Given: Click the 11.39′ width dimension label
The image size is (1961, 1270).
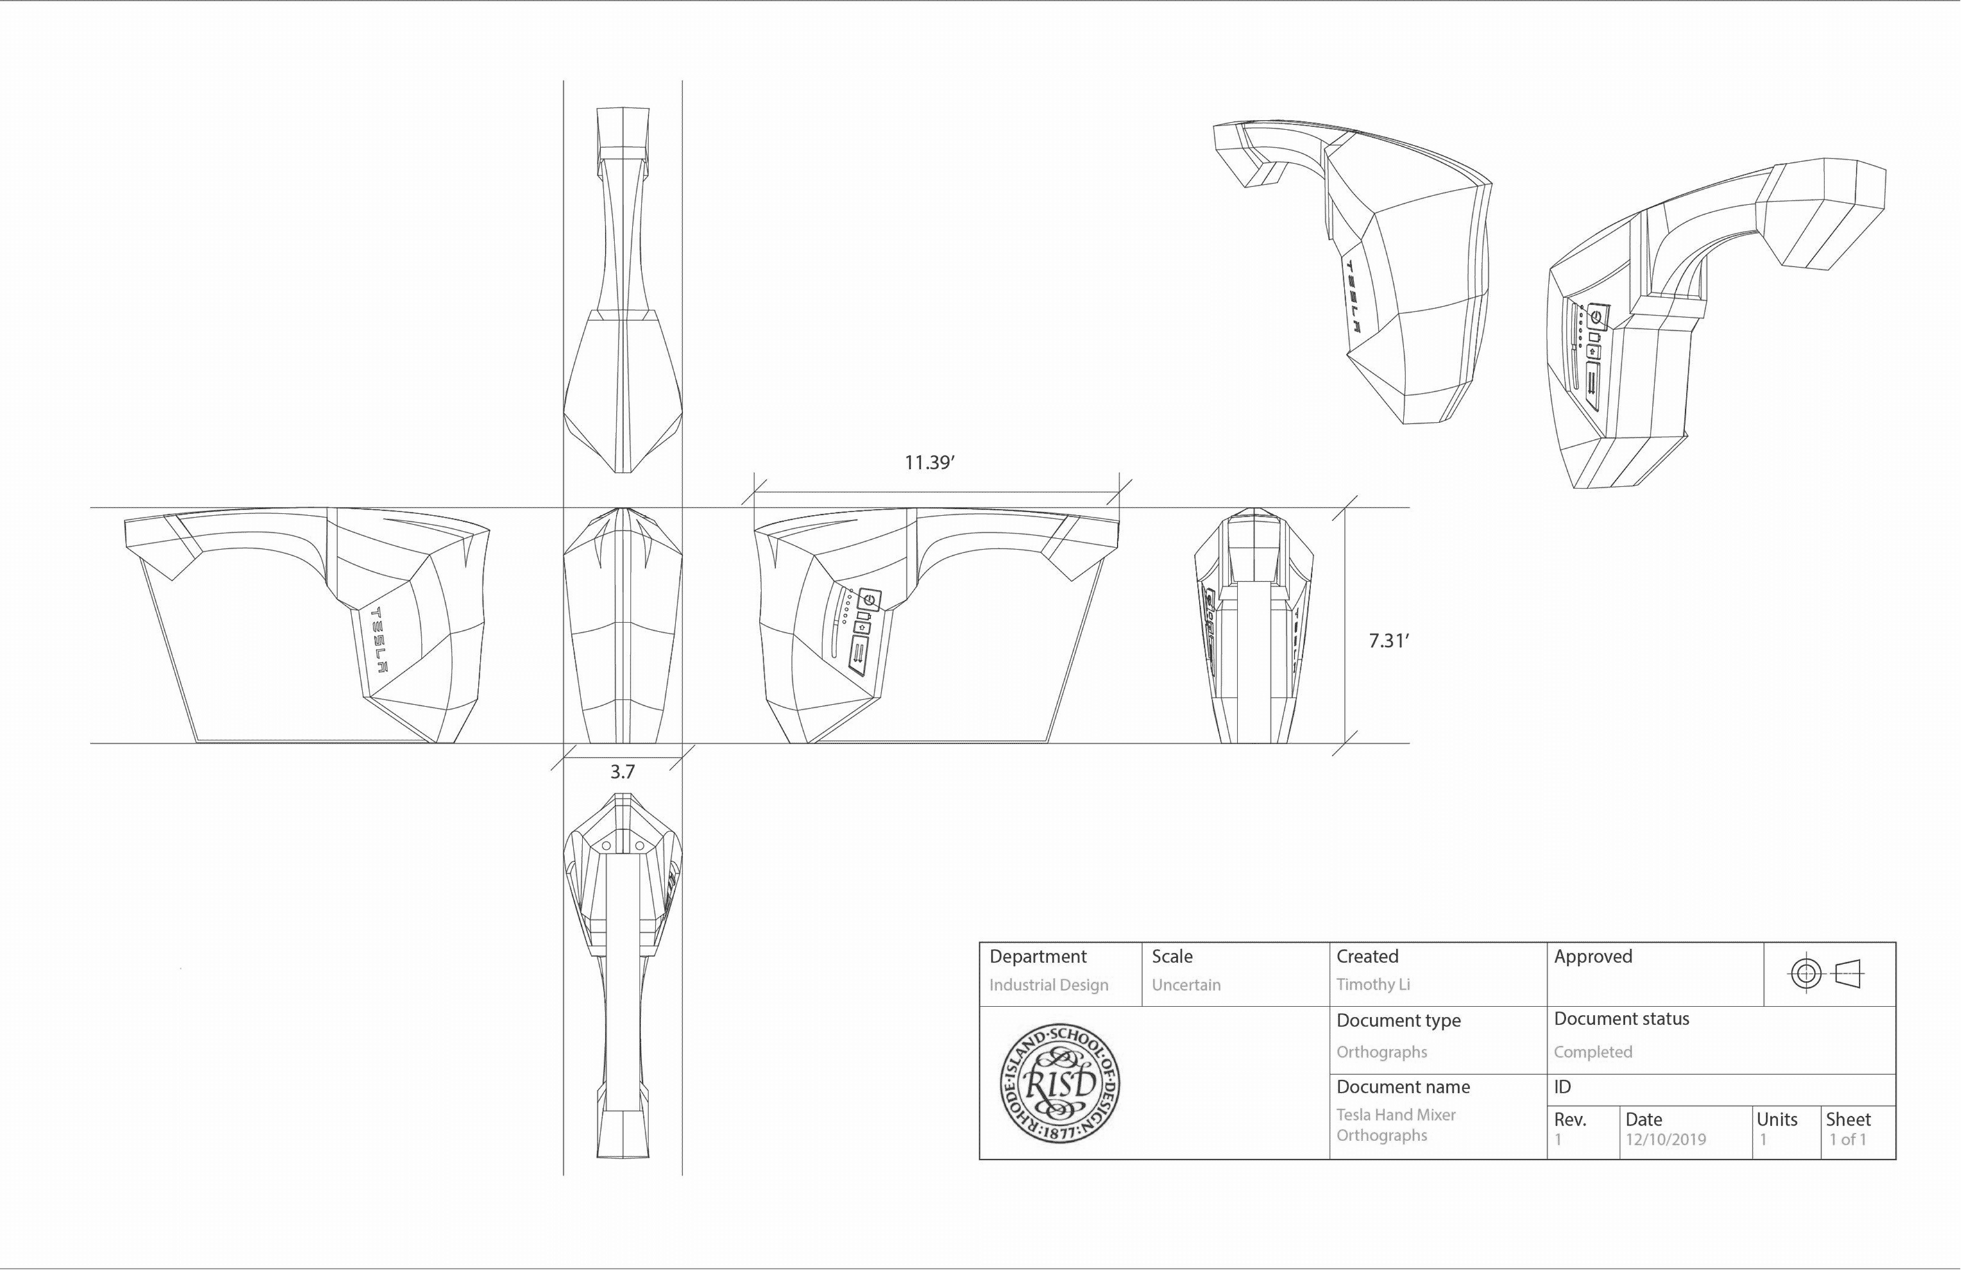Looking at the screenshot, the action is [929, 463].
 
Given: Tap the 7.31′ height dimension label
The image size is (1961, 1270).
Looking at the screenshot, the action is [1388, 640].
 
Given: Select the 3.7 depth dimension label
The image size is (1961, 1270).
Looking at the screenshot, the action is [622, 772].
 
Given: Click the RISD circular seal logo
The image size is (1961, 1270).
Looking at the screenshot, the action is [1060, 1083].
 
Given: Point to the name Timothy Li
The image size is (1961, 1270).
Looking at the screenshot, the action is [1373, 984].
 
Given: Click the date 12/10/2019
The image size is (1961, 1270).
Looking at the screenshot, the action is [1665, 1140].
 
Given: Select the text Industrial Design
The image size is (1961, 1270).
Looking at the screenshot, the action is [1048, 985].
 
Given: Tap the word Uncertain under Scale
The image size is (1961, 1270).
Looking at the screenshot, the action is [1185, 985].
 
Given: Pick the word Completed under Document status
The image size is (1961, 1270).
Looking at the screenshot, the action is [1592, 1052].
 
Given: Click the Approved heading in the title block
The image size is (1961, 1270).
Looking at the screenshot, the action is [1592, 957].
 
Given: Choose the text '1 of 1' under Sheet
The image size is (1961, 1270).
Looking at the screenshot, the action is [1847, 1140].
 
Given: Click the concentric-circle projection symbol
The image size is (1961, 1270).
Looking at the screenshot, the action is [1805, 974].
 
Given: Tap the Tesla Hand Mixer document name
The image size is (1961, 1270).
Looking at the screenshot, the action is [1396, 1115].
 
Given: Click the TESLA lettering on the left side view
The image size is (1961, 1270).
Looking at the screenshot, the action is [380, 640].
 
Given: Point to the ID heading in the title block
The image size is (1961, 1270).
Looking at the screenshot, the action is [1562, 1087].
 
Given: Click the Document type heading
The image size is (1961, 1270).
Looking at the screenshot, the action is [1398, 1021].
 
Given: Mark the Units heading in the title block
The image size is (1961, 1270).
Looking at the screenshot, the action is [1776, 1119].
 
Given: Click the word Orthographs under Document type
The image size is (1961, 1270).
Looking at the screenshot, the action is [1381, 1052].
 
